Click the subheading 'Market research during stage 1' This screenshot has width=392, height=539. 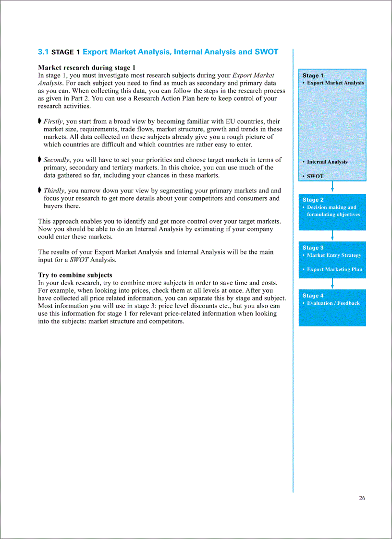86,68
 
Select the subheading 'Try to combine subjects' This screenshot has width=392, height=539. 75,275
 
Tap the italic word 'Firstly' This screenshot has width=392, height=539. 54,121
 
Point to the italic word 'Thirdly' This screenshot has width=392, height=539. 54,191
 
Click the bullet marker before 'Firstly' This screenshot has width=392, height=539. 40,121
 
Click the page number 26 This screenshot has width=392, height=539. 362,498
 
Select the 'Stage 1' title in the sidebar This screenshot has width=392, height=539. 313,75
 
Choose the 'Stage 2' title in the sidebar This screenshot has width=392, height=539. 313,200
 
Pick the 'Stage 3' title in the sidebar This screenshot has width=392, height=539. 313,248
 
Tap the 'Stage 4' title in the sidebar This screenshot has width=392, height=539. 313,296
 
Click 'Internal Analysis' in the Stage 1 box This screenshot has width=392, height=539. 327,162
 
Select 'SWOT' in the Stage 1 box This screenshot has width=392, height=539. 315,176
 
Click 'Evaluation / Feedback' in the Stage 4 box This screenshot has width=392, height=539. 333,303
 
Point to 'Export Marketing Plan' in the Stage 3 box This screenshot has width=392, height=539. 334,269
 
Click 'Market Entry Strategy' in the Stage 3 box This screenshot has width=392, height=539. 334,255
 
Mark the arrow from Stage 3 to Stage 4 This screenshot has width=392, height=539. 332,283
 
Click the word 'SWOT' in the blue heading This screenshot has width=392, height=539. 267,52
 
